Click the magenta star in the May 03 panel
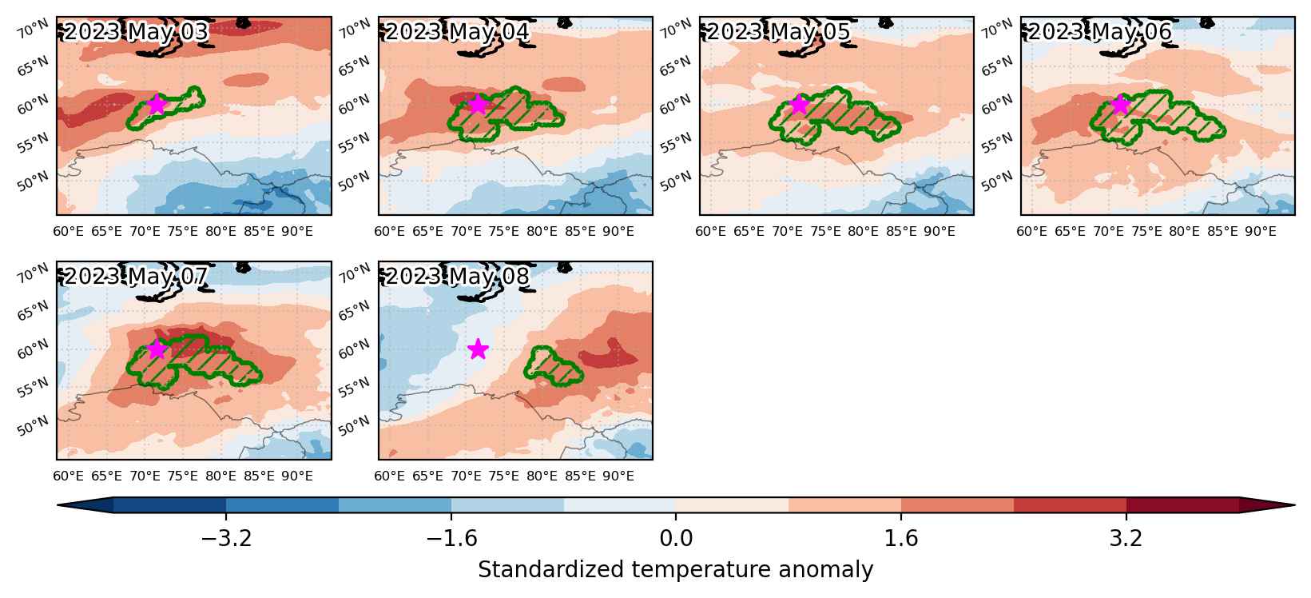point(157,104)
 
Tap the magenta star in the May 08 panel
point(479,349)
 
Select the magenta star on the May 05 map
point(799,104)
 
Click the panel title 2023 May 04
point(457,32)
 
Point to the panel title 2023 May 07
point(136,277)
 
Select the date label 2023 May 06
point(1100,32)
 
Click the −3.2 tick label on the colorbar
point(226,538)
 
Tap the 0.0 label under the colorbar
point(676,538)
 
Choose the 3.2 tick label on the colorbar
point(1126,538)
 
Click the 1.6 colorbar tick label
point(900,538)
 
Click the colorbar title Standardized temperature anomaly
point(675,569)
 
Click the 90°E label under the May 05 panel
point(940,231)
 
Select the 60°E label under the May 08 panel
point(389,476)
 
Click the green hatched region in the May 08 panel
point(553,367)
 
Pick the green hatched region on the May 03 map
point(165,109)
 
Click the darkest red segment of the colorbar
point(1182,505)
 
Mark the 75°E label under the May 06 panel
point(1146,231)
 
